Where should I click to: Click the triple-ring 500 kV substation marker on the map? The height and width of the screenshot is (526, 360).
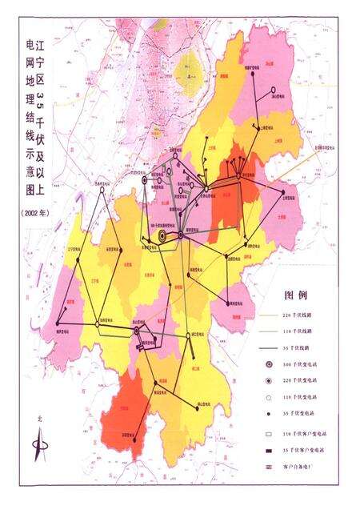[x=162, y=236]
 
